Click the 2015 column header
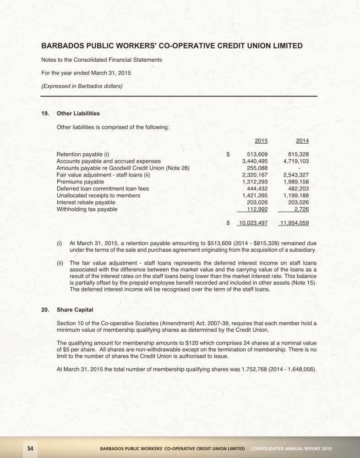click(x=261, y=141)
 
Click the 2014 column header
click(x=302, y=141)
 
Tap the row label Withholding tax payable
click(x=87, y=209)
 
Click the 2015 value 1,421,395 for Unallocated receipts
click(x=255, y=195)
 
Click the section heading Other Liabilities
click(x=78, y=113)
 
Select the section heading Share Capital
click(x=74, y=310)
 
